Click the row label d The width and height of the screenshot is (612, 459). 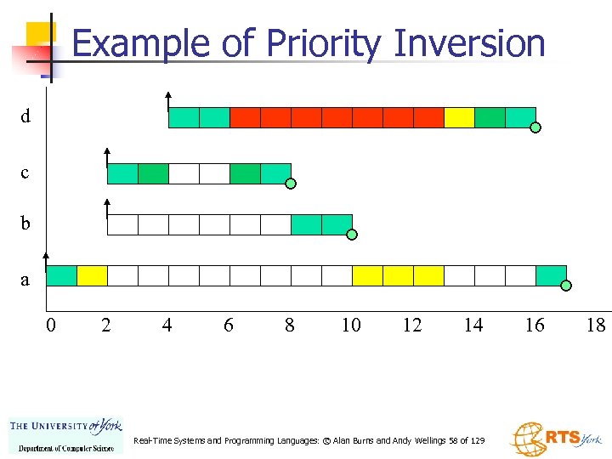26,116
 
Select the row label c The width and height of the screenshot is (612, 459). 25,173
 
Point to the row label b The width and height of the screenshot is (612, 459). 25,224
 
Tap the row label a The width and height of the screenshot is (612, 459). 25,279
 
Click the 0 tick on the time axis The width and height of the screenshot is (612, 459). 51,324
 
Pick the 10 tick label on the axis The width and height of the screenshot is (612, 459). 350,324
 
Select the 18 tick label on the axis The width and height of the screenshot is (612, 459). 595,324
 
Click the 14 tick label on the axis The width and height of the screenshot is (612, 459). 473,324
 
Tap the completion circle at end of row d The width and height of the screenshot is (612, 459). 536,129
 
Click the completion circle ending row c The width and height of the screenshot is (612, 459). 291,184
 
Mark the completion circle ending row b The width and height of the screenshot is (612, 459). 352,235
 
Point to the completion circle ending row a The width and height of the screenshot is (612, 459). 567,286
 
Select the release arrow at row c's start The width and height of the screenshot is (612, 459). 107,156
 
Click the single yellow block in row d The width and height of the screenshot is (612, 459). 459,117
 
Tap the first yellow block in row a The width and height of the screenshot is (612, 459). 92,275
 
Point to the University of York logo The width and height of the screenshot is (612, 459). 65,433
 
